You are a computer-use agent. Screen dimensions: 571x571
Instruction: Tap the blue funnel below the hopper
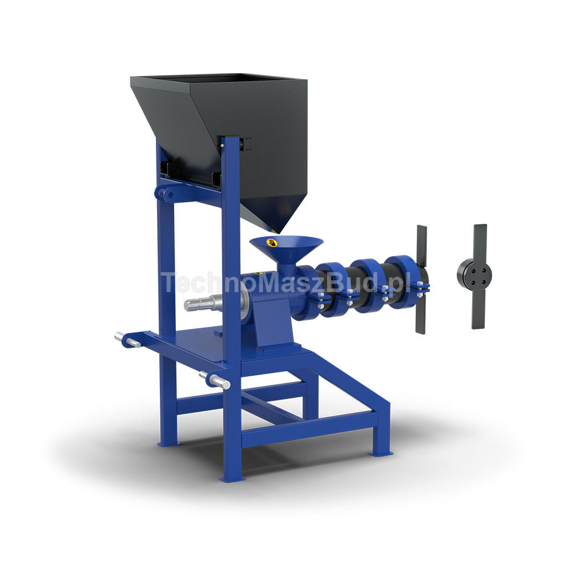[x=287, y=255]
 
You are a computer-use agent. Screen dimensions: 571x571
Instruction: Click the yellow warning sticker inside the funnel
[x=272, y=242]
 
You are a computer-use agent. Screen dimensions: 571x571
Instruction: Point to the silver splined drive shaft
[x=204, y=303]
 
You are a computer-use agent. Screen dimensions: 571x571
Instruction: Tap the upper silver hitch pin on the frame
[x=127, y=339]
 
